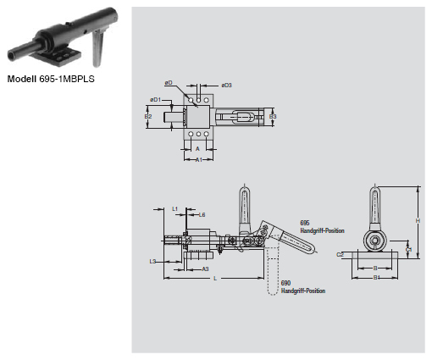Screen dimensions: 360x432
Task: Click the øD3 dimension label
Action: tap(226, 86)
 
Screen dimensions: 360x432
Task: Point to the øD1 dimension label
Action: tap(155, 100)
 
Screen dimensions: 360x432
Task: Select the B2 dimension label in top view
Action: tap(148, 116)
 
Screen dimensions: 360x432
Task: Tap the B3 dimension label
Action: tap(272, 116)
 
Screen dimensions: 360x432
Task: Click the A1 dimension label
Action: tap(197, 158)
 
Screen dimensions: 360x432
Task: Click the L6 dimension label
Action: tap(202, 215)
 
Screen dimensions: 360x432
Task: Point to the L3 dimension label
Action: tap(152, 262)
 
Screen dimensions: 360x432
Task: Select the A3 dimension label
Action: tap(205, 269)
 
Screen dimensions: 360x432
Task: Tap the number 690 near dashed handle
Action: tap(285, 284)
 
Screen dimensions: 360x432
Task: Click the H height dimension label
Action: tap(418, 220)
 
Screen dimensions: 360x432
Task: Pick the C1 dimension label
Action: tap(408, 250)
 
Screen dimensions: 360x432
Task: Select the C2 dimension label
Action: tap(339, 253)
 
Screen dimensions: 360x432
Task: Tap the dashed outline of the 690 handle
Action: tap(271, 271)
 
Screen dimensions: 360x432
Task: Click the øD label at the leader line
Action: tap(169, 83)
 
